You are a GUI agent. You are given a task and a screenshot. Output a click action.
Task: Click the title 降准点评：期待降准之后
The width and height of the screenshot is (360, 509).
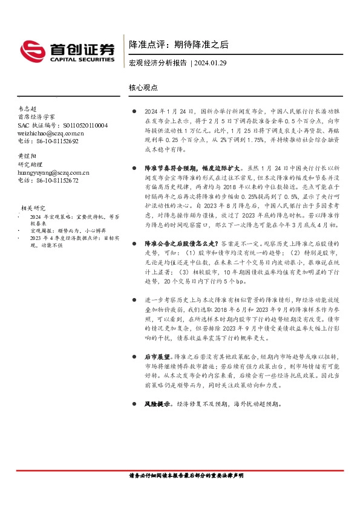tap(178, 45)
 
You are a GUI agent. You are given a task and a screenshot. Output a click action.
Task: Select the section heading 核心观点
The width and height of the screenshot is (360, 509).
tap(143, 87)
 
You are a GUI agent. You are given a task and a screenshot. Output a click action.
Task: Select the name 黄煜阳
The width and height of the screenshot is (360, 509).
tap(28, 156)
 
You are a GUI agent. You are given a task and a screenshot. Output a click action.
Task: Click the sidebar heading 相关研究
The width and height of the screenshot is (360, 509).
tap(33, 207)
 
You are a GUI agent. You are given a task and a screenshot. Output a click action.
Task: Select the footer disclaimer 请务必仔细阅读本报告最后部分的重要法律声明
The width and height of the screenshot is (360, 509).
tap(180, 476)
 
